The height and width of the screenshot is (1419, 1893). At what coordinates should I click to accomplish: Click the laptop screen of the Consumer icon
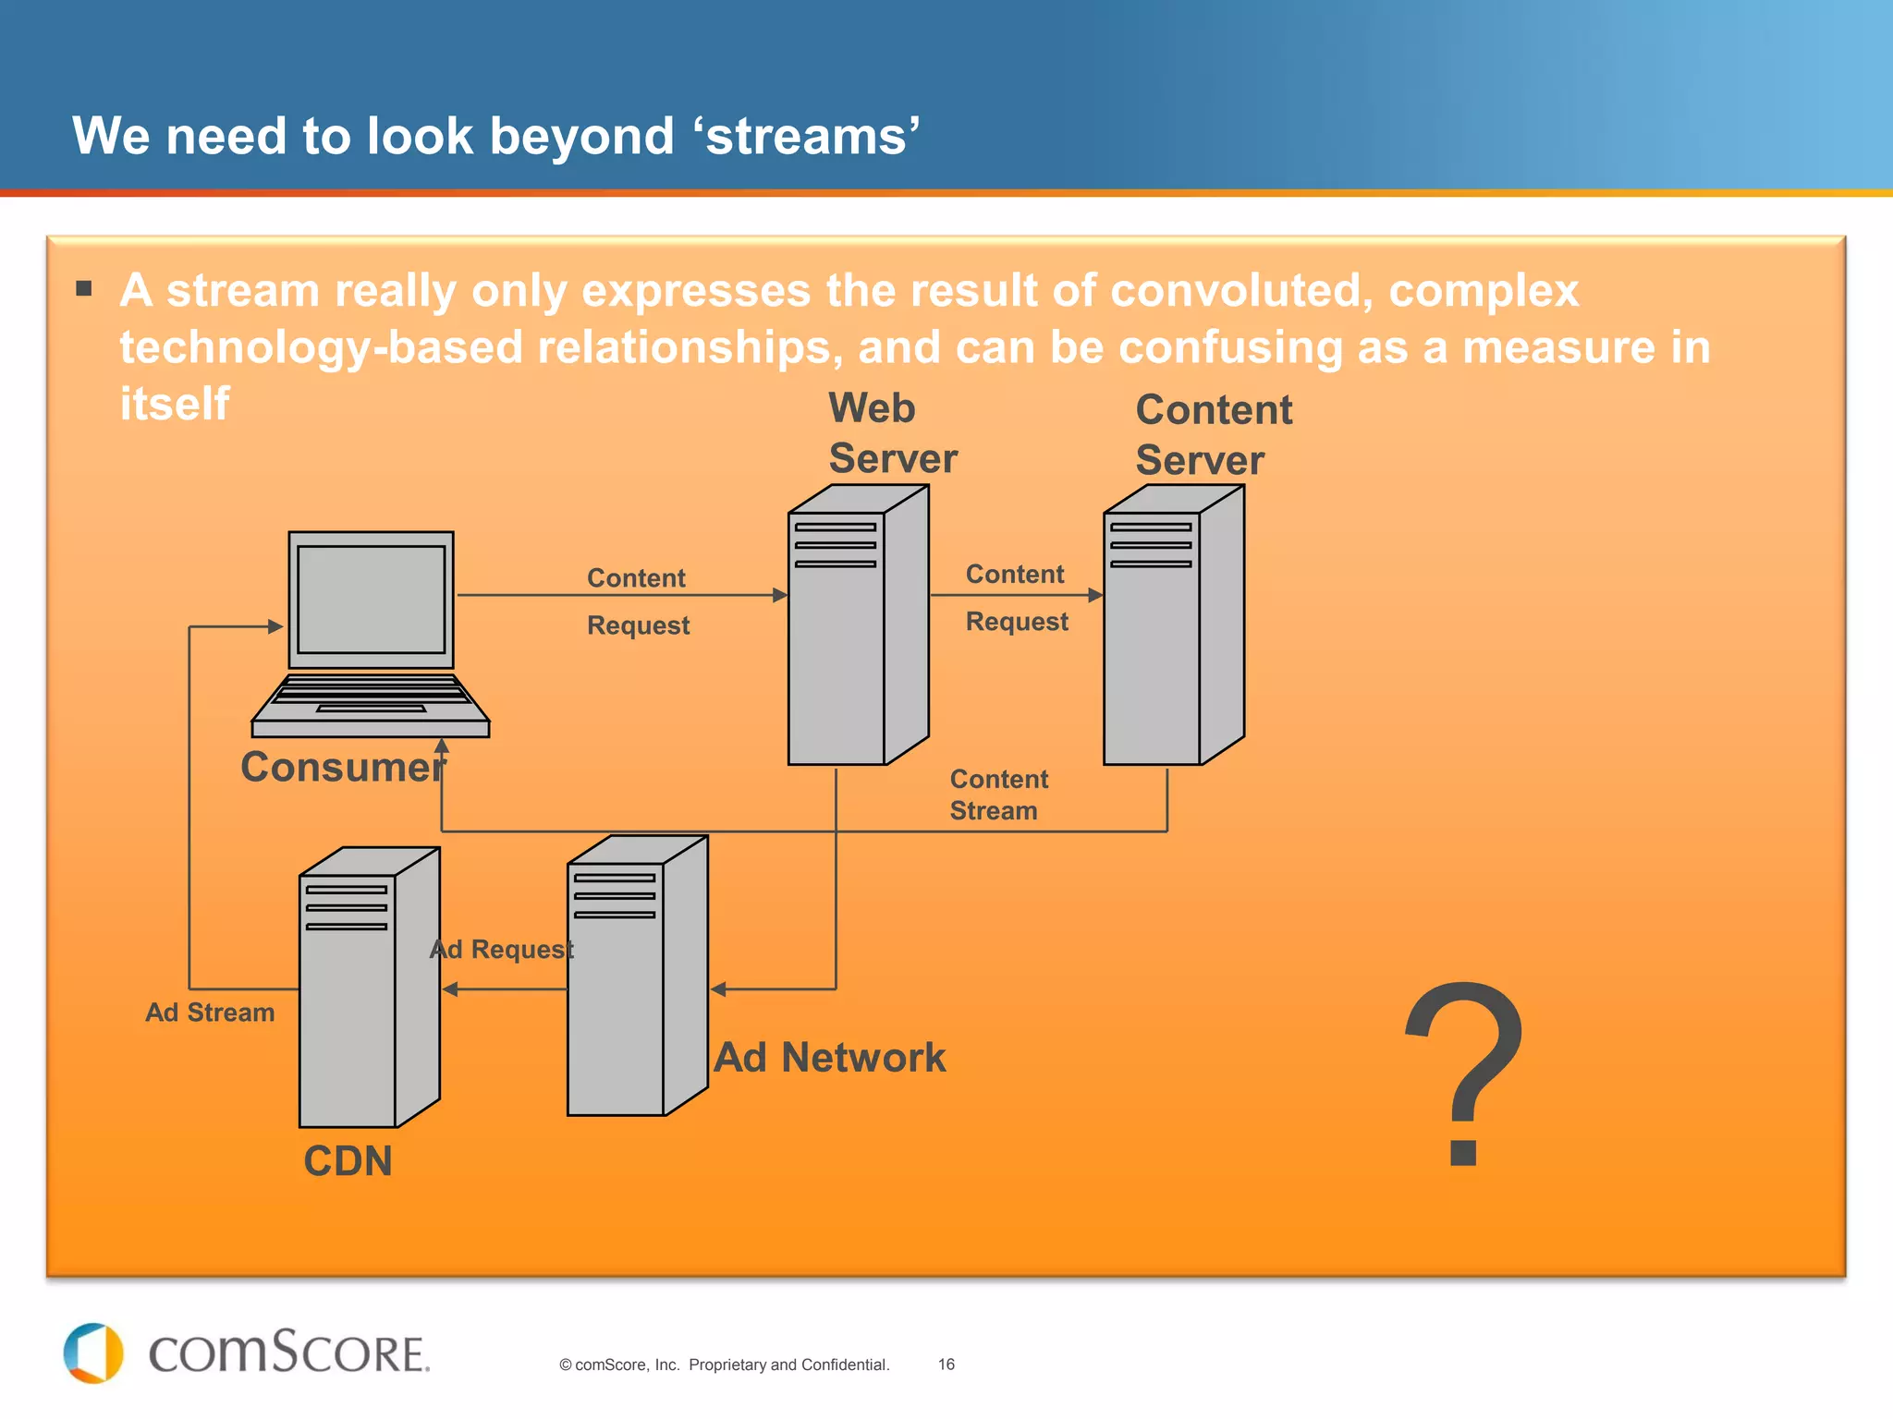371,600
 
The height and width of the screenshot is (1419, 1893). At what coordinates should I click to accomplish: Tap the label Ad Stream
210,1013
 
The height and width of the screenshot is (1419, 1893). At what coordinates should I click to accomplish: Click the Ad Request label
502,949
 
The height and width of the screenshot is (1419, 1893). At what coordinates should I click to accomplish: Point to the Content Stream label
998,794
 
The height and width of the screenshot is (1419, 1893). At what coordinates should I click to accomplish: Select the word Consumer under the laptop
343,767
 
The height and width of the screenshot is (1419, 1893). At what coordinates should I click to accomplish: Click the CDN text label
348,1161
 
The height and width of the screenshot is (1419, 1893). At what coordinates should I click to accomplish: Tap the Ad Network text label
830,1058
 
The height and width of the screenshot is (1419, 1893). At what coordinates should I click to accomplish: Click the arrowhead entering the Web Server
780,596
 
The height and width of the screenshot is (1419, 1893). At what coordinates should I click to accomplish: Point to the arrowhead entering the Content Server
1095,596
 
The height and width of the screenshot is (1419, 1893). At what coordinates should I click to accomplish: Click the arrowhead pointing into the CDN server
450,989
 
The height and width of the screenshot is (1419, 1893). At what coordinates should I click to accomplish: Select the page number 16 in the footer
946,1364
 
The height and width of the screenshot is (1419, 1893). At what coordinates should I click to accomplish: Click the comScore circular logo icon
93,1353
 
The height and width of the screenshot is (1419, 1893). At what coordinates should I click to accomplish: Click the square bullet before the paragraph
84,288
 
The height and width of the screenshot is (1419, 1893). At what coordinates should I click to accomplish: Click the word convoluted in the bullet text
1240,291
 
